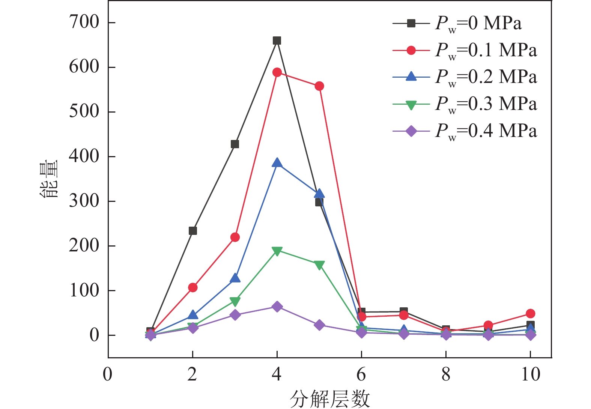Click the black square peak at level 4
(277, 41)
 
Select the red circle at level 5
(319, 86)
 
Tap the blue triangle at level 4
(277, 163)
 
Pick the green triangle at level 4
(277, 251)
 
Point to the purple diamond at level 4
(277, 307)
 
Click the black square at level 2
(192, 231)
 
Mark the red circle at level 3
(235, 237)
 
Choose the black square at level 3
(235, 144)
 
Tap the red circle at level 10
(530, 313)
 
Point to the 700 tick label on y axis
(84, 23)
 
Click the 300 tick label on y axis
(84, 201)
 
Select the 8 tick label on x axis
(446, 374)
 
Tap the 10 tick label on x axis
(530, 374)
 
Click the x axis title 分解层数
(330, 398)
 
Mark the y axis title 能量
(49, 179)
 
